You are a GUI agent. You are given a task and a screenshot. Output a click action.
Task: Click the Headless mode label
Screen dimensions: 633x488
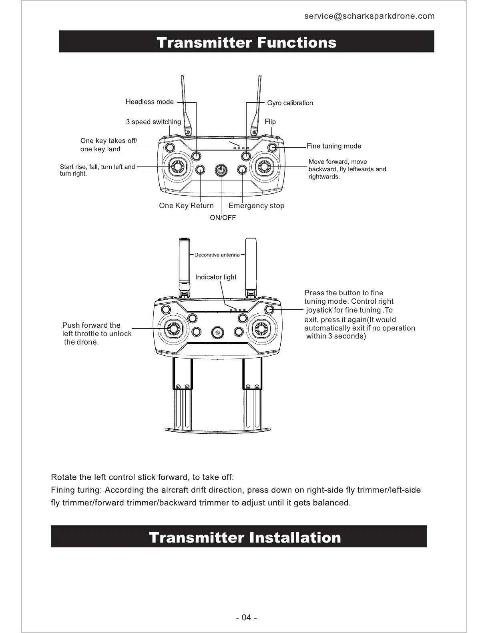click(150, 102)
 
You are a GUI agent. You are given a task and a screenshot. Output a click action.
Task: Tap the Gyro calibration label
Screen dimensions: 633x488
click(290, 103)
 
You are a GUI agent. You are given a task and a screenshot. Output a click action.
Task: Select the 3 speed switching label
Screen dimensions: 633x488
click(153, 122)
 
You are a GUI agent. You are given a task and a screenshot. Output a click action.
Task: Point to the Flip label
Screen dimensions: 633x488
click(270, 122)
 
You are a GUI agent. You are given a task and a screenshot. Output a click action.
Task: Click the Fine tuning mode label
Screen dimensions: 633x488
click(334, 146)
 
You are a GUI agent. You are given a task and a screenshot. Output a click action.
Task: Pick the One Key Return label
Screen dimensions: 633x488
click(186, 206)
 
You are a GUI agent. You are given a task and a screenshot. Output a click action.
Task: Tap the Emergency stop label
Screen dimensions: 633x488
click(256, 206)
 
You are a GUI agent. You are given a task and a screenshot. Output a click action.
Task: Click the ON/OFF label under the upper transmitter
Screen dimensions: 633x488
click(223, 218)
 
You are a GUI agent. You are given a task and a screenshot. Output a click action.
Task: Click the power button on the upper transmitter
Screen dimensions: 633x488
click(221, 170)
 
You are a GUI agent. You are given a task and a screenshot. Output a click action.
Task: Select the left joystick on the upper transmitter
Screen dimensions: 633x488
click(177, 166)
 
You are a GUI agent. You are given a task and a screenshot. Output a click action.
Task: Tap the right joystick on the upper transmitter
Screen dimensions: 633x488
click(265, 166)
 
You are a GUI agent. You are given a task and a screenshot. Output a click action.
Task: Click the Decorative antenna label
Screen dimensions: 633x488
click(217, 255)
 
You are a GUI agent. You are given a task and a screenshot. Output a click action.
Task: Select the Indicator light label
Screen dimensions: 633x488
click(216, 277)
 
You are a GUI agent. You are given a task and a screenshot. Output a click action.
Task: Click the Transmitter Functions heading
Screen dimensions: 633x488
click(246, 42)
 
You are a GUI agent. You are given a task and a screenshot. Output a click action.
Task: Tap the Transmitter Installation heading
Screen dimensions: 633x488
click(245, 537)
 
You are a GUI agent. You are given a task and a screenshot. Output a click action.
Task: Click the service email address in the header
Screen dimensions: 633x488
click(369, 16)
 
